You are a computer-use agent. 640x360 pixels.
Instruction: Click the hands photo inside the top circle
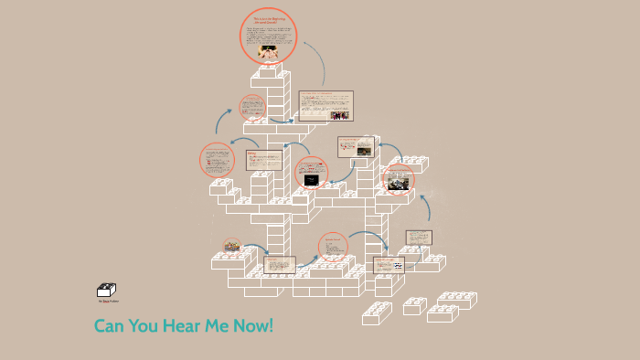tap(268, 51)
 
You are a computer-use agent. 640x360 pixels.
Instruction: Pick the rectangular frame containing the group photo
tap(325, 105)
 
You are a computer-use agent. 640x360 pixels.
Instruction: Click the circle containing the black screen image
tap(312, 176)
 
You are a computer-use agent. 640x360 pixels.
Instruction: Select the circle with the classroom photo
tap(399, 180)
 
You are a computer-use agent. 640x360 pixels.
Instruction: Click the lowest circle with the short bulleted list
tap(333, 247)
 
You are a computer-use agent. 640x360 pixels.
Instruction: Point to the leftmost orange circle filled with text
tap(217, 160)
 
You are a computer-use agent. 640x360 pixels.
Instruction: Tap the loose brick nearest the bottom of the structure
tap(376, 313)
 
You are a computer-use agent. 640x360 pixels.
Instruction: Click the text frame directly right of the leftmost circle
tap(263, 160)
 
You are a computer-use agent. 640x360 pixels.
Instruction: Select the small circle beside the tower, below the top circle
tap(253, 107)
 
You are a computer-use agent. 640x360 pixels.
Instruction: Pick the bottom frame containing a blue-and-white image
tap(389, 265)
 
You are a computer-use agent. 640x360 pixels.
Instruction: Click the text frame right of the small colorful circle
tap(280, 265)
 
